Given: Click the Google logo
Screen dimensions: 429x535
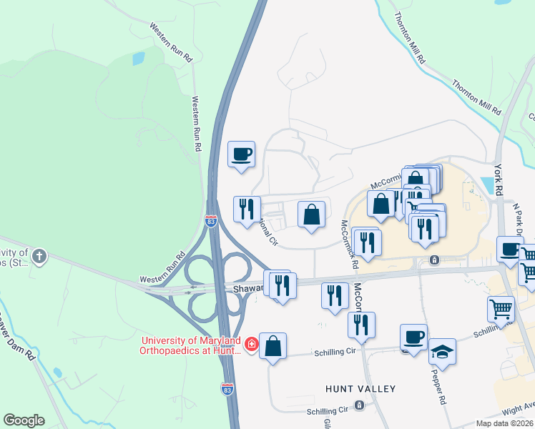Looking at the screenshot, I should [24, 420].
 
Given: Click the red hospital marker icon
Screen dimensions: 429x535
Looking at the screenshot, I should [251, 345].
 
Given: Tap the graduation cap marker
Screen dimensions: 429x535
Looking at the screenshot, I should [443, 352].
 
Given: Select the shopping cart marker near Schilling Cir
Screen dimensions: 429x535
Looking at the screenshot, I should [501, 309].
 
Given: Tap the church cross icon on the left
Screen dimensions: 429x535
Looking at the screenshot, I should [39, 255].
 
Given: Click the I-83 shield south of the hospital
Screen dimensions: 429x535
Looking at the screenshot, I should [225, 388].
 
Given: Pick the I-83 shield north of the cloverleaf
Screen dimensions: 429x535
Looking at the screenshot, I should [210, 221].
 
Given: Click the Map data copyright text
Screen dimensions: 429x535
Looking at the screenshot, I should [504, 423].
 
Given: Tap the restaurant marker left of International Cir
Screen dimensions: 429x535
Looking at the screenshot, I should [247, 209].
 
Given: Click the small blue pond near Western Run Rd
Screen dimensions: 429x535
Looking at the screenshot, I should [138, 59].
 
